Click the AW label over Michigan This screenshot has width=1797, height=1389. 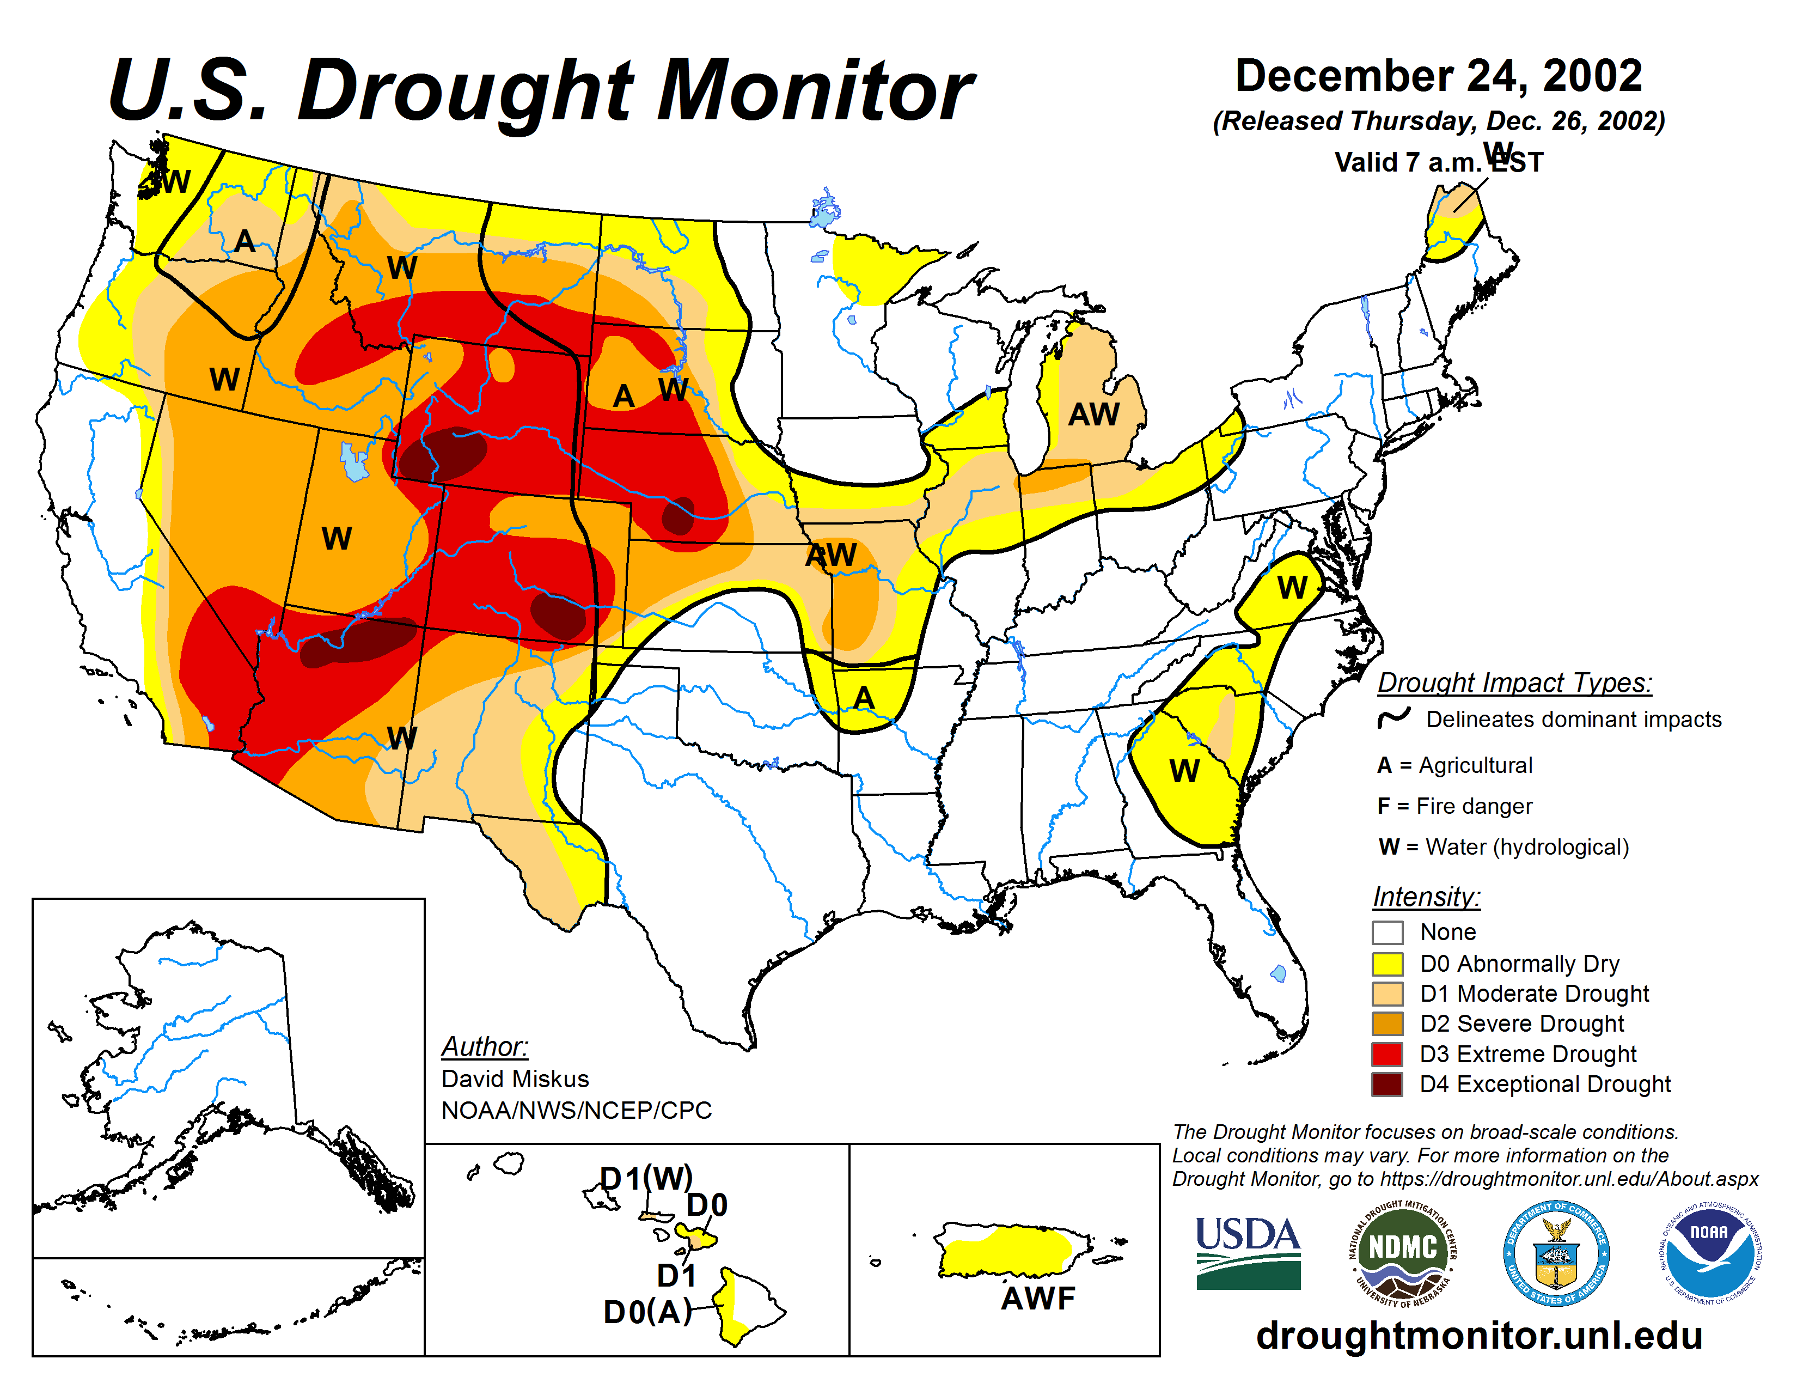(1093, 414)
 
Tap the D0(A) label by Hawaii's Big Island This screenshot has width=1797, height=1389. (647, 1312)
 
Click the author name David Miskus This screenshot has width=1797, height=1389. (515, 1078)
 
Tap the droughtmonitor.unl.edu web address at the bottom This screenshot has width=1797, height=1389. (1478, 1335)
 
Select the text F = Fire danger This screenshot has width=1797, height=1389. (1454, 806)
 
